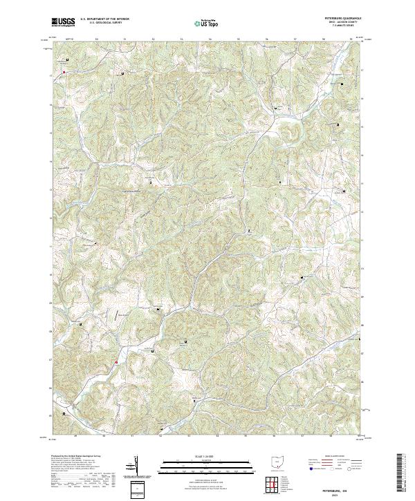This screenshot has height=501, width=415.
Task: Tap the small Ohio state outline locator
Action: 277,461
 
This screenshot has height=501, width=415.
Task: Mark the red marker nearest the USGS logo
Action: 64,71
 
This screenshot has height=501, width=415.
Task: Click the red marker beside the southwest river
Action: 117,361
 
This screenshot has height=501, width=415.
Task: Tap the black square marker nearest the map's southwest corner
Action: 65,413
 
